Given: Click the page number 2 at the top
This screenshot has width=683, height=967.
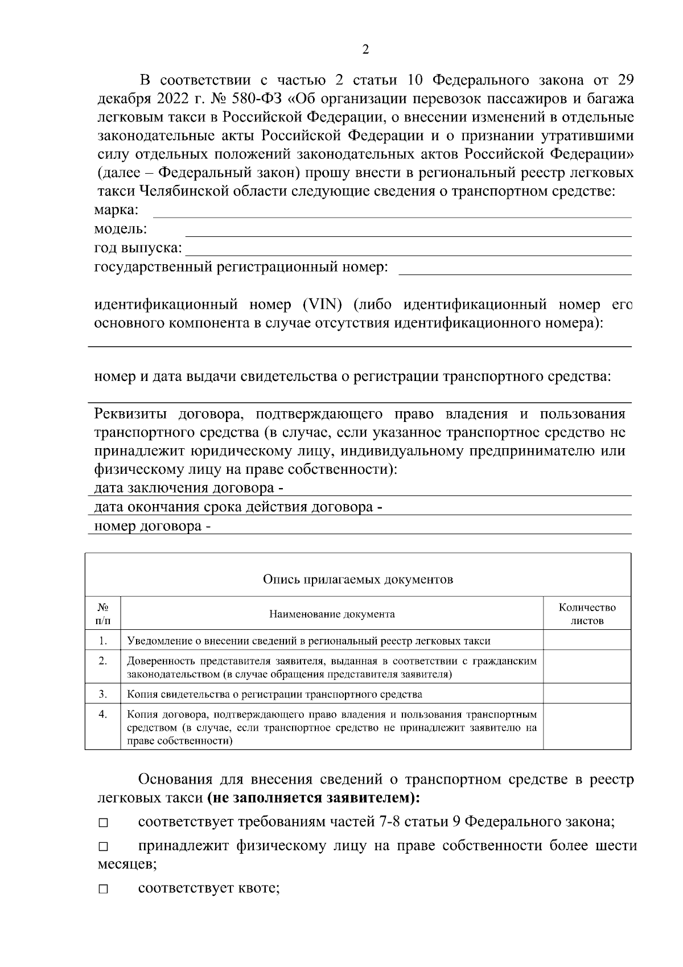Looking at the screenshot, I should (365, 50).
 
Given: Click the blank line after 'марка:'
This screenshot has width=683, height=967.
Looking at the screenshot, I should (393, 212).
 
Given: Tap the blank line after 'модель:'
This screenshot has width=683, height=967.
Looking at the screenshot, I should (409, 231).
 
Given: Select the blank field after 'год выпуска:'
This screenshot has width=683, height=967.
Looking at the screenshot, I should (409, 249).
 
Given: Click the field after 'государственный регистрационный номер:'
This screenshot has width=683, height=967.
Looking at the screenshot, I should (515, 269).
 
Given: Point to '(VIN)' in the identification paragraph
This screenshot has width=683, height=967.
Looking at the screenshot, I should (323, 305).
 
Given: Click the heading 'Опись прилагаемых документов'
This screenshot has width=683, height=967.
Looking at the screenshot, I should (357, 580).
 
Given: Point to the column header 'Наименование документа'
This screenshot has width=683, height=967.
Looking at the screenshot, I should (332, 614).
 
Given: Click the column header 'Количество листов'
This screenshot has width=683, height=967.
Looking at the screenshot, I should (587, 614).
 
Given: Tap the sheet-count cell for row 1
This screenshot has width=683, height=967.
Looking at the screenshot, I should (587, 640).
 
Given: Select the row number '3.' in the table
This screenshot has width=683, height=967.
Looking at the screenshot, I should (103, 694).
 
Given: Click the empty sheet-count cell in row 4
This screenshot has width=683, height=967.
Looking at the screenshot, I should (587, 727).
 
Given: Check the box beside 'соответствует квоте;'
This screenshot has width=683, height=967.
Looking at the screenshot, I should (102, 890).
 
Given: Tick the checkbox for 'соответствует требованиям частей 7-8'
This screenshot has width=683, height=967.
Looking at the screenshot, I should (102, 823).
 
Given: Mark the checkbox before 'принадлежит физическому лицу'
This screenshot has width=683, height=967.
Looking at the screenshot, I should (102, 848).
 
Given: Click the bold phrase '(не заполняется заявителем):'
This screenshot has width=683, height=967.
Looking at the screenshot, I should (314, 798).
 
